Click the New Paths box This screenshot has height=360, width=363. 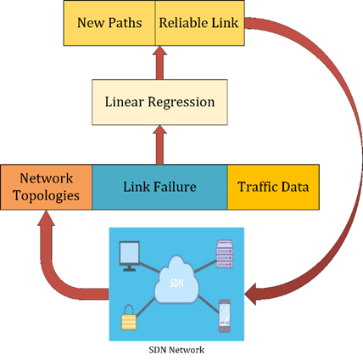[109, 23]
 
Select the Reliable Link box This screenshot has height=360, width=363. [200, 23]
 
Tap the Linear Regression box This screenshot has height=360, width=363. [159, 102]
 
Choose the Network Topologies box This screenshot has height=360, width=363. [47, 187]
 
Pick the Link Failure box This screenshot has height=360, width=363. [159, 187]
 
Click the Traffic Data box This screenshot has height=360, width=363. [273, 187]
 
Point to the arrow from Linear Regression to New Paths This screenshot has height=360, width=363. [159, 63]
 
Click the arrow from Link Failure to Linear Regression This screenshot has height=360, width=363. [159, 144]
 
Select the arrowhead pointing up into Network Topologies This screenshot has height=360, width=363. [46, 218]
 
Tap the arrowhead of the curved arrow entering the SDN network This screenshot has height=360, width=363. [251, 294]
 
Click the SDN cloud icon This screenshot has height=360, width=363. [176, 279]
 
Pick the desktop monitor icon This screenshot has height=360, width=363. [130, 256]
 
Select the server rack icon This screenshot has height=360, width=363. [225, 254]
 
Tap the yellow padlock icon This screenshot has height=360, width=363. [129, 318]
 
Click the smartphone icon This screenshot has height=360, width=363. [225, 316]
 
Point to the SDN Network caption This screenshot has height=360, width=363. [176, 350]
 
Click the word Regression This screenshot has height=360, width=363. [181, 102]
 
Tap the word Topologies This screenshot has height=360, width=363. [47, 196]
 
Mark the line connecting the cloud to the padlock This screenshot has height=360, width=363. [145, 307]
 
